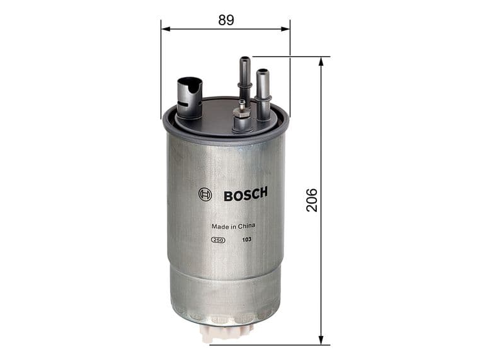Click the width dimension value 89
226,20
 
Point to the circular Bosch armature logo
205,195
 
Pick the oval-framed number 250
218,240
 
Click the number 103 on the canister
246,240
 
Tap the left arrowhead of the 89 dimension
164,28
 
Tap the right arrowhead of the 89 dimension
287,28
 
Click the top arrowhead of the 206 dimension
321,61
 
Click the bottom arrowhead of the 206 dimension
321,340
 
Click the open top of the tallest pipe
244,59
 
